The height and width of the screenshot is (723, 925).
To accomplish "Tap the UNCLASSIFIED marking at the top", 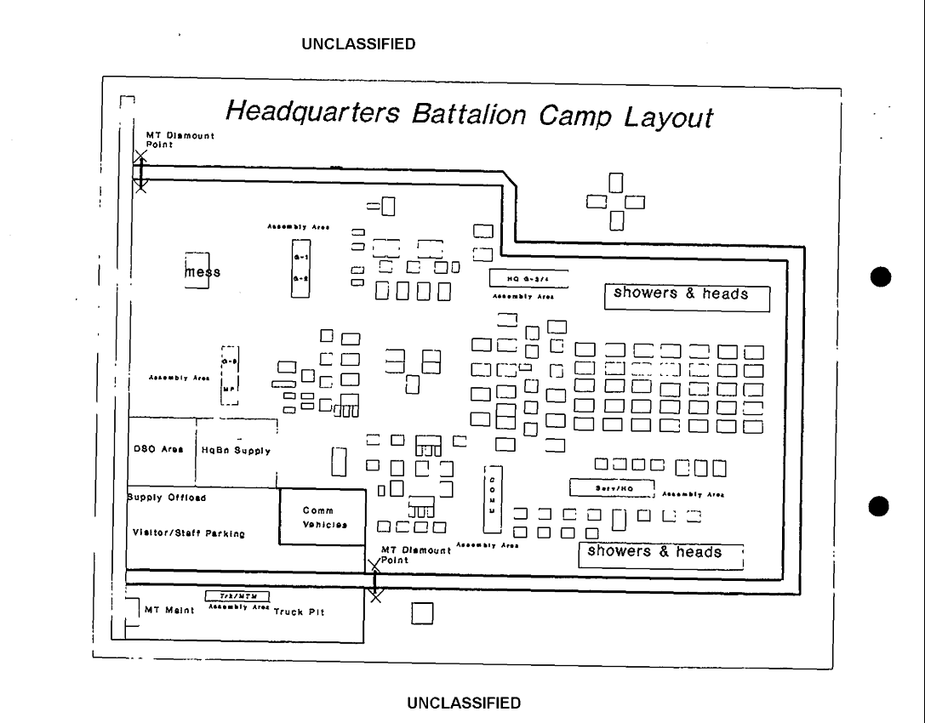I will (358, 44).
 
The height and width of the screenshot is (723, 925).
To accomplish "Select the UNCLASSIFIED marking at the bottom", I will (464, 703).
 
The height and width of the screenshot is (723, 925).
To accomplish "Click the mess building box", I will (197, 270).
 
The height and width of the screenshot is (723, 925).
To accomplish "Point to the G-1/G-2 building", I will (300, 266).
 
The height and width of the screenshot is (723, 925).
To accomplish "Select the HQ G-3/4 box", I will (528, 277).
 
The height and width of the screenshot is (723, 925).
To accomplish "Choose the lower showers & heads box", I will (661, 555).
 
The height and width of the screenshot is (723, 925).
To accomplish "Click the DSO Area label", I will (159, 450).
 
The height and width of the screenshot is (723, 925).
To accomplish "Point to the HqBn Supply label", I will (235, 450).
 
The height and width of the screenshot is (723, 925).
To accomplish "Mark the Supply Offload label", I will (167, 498).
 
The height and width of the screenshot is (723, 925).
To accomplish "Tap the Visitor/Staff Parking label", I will (188, 533).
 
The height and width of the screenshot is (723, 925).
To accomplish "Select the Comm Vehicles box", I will (323, 517).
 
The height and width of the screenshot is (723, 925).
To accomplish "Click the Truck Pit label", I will (299, 612).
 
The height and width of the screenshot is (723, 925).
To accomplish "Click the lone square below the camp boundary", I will (422, 613).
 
